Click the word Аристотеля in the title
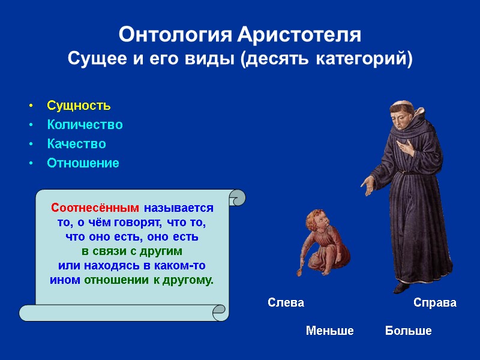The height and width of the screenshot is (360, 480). point(299,35)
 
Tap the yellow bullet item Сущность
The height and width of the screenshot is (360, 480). point(79,106)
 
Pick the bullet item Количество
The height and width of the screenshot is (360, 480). point(85,125)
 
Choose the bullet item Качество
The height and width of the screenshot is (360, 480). point(76,144)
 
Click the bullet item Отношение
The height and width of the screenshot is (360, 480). point(83,163)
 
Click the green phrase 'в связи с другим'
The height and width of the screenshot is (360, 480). point(131,251)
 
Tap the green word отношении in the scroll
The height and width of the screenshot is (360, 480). point(112,280)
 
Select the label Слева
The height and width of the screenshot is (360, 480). point(286,303)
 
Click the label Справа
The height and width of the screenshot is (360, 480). point(435,303)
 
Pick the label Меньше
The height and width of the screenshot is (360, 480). point(329,331)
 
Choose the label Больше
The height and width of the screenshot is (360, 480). point(408,331)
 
